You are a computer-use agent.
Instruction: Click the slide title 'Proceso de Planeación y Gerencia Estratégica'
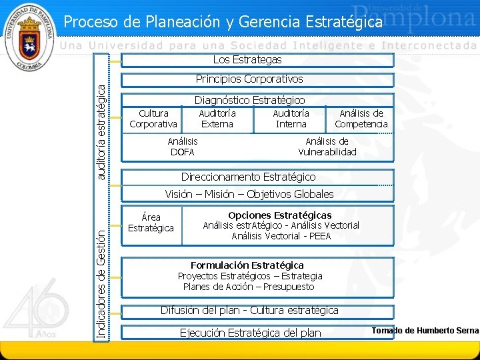(223, 22)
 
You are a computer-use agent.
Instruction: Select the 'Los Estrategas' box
(247, 60)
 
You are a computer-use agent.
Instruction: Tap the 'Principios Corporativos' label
(249, 79)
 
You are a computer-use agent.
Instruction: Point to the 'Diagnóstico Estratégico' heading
(249, 100)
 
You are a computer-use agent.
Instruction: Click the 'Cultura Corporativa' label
(153, 119)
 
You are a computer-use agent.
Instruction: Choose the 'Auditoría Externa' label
(217, 119)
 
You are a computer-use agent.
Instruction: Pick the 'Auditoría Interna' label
(291, 119)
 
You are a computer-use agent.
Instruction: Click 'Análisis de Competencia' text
(361, 119)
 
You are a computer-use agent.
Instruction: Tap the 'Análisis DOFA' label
(182, 147)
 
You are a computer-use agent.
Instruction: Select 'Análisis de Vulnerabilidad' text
(327, 147)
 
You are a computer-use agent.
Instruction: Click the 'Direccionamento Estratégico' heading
(249, 177)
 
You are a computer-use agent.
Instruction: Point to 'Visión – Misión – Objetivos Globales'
(249, 194)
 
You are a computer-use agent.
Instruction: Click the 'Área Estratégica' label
(151, 223)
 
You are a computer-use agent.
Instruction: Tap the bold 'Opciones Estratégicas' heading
(279, 215)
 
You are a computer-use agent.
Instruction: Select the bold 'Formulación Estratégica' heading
(247, 265)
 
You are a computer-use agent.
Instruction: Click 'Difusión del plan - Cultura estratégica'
(249, 310)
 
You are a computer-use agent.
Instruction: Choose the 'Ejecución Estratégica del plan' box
(251, 333)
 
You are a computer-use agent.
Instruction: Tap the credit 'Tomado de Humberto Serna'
(425, 331)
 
